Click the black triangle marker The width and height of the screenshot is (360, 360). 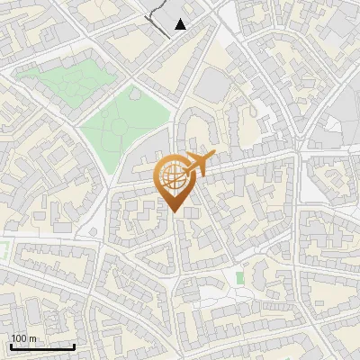pos(181,24)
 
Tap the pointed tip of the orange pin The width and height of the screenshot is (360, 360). pos(175,211)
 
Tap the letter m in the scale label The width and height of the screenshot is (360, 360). pos(33,338)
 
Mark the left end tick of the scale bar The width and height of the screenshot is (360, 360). pos(10,346)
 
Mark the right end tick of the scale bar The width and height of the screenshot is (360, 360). pos(75,346)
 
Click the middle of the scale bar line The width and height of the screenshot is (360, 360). pos(42,346)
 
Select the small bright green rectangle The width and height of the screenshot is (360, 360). pos(239,279)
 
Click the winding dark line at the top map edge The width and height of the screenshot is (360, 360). pos(159,9)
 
